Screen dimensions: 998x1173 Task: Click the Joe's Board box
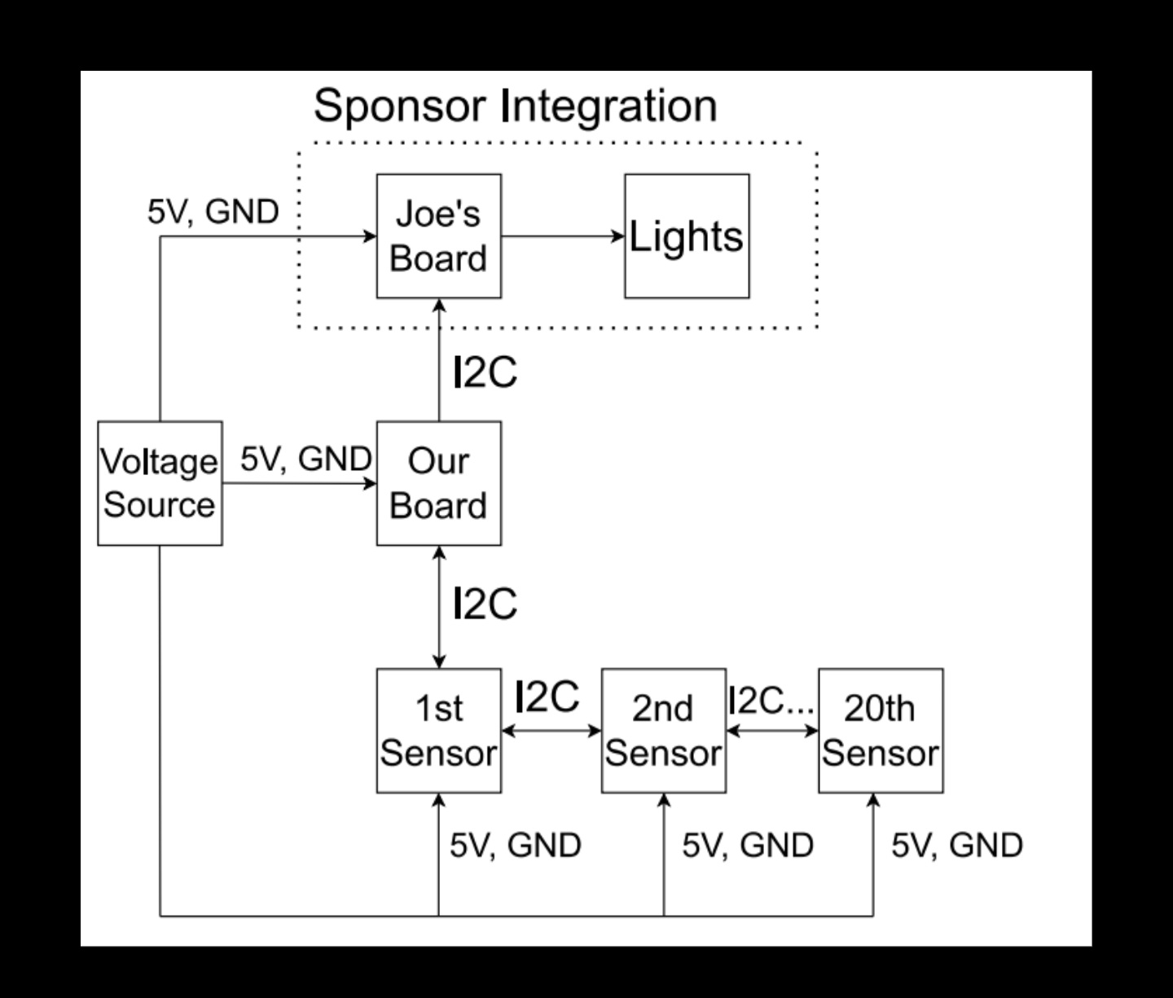(438, 236)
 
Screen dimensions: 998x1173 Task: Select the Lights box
(687, 236)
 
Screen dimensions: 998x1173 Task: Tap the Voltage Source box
(160, 483)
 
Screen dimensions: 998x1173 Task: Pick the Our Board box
(438, 483)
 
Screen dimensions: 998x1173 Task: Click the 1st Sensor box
(438, 731)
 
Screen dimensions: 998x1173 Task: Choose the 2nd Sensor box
(663, 731)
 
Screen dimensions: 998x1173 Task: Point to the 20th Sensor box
(881, 731)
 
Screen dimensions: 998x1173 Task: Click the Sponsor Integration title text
(515, 106)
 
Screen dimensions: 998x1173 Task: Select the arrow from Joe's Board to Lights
(562, 236)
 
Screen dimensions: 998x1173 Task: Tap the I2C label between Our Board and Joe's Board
(485, 373)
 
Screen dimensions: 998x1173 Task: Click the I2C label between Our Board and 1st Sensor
(485, 604)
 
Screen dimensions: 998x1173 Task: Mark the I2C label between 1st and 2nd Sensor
(547, 697)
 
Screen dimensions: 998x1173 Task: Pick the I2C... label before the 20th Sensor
(771, 700)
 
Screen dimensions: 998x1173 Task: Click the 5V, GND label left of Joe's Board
(213, 212)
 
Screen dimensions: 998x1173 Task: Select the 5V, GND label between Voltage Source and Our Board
(305, 459)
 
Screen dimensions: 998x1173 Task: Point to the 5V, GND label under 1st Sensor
(515, 846)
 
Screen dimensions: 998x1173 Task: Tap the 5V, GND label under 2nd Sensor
(748, 846)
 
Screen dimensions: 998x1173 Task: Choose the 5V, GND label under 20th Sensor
(956, 846)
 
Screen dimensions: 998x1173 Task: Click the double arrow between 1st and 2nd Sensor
(551, 731)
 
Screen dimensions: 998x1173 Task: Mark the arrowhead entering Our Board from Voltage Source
(370, 483)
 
